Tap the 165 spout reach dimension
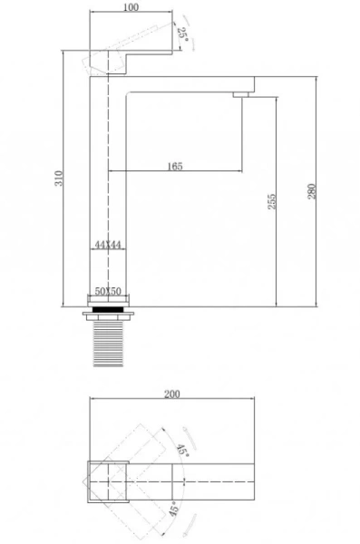pyautogui.click(x=176, y=165)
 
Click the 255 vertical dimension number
pyautogui.click(x=271, y=203)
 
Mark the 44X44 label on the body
pyautogui.click(x=109, y=245)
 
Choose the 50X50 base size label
pyautogui.click(x=109, y=290)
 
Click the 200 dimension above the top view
pyautogui.click(x=172, y=393)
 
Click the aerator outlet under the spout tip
pyautogui.click(x=242, y=94)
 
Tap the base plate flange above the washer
pyautogui.click(x=109, y=302)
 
